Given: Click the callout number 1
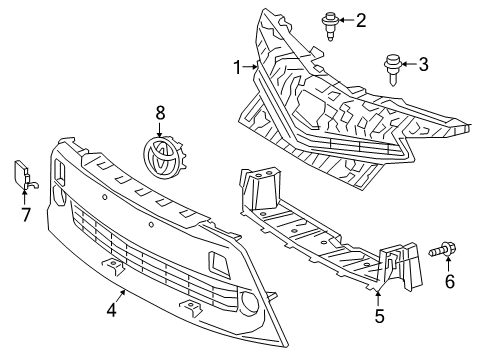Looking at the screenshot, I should click(x=237, y=68).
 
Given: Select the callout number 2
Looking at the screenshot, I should click(x=361, y=19).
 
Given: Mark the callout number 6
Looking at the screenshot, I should click(x=449, y=282).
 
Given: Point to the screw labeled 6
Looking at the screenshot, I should click(x=440, y=250).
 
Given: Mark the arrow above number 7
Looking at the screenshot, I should click(x=27, y=194).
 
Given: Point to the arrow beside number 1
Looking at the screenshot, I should click(x=252, y=68).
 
